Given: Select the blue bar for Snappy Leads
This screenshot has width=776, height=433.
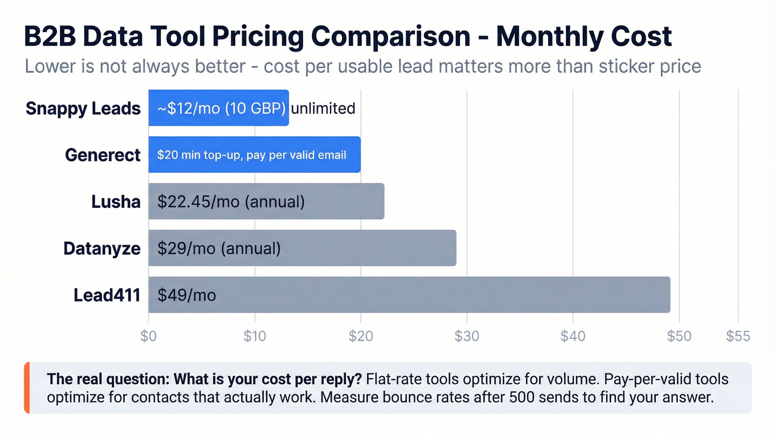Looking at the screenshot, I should [x=218, y=108].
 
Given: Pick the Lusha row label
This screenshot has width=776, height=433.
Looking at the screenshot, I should [x=115, y=201].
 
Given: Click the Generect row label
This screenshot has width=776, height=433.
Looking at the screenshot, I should [x=103, y=155].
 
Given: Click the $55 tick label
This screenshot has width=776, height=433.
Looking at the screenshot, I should [x=738, y=336].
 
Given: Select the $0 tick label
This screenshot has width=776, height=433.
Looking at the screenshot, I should [x=149, y=336].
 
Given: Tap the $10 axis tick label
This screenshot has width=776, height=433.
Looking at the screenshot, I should [x=254, y=336].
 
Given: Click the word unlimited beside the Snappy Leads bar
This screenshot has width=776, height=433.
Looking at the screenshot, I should [x=323, y=108].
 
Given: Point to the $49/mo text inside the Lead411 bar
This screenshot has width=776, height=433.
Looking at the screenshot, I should [x=186, y=295].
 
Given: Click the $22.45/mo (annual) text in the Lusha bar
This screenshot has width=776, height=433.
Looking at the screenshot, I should [x=231, y=201].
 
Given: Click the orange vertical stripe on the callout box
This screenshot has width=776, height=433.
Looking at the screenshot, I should [x=27, y=388].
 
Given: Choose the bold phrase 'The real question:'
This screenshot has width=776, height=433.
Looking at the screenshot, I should [x=108, y=379].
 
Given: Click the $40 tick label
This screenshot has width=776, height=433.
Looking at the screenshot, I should [x=573, y=336].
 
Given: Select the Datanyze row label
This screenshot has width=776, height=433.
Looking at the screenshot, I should [x=102, y=248].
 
